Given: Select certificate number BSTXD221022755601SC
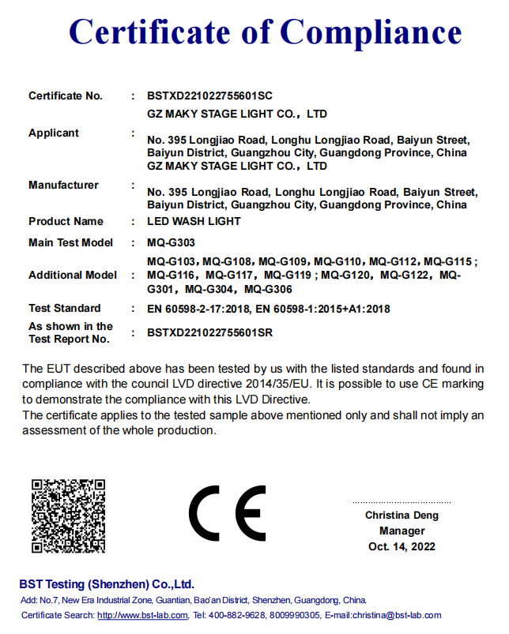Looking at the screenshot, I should tap(209, 96).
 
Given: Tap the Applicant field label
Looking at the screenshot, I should tap(54, 133).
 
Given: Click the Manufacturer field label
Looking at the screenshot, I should tap(63, 185).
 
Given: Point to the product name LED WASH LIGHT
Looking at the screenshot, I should tap(194, 222).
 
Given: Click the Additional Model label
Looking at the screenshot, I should tap(72, 275).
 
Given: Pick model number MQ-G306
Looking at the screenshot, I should tap(269, 289).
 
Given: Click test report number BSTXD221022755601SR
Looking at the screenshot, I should tap(209, 333).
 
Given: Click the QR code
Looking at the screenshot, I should tap(68, 516).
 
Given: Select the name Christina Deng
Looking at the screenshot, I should tap(402, 516).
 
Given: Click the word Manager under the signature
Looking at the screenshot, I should tap(402, 531).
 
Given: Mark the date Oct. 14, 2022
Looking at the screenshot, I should tap(402, 547).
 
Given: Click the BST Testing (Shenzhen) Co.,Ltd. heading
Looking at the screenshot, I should tap(107, 584).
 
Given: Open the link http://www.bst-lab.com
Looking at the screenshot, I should tap(142, 615).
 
